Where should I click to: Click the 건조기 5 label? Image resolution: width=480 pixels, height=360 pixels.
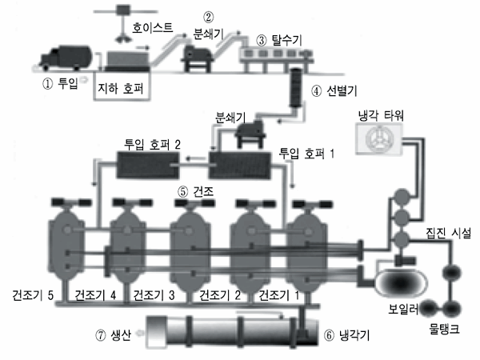coord(33,295)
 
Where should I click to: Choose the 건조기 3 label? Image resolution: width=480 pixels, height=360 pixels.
coord(154,295)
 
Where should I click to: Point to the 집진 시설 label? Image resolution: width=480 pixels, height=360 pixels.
coord(449,234)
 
